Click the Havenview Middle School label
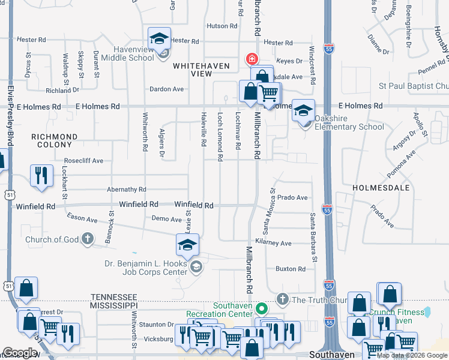click(x=127, y=53)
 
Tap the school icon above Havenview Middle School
click(x=160, y=39)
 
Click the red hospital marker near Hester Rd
click(x=251, y=59)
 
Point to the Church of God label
click(x=52, y=240)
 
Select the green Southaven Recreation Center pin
click(x=261, y=309)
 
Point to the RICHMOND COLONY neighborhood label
click(x=55, y=140)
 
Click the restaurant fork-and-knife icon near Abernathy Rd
click(x=41, y=175)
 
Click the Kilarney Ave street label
click(x=273, y=243)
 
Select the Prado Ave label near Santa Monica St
click(x=292, y=197)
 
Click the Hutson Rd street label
click(x=222, y=26)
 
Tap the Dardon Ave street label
click(x=167, y=89)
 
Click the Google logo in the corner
click(x=20, y=353)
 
